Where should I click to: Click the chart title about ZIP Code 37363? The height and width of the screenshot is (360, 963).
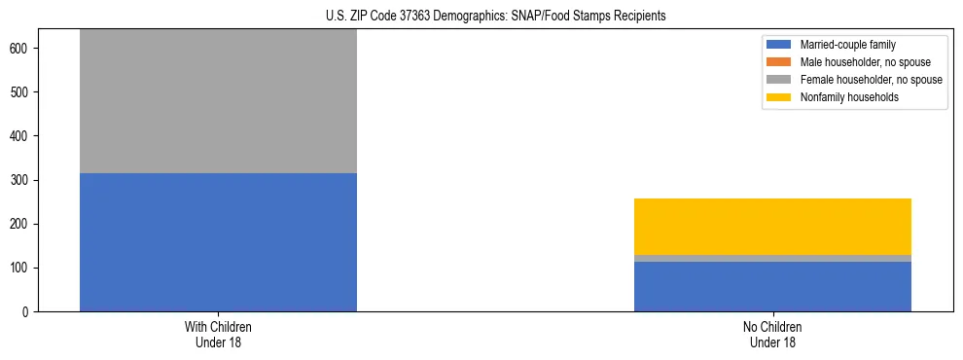click(x=482, y=17)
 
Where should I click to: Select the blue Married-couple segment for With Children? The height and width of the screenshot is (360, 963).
click(x=218, y=242)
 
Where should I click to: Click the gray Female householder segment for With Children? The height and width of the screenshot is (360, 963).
click(x=218, y=101)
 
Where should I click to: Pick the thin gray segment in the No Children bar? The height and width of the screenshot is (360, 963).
click(x=772, y=258)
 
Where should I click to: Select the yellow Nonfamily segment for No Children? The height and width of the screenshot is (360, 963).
click(x=772, y=227)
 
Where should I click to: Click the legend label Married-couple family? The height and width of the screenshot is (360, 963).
click(x=847, y=45)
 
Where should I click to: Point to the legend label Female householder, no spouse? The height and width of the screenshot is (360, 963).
click(x=871, y=80)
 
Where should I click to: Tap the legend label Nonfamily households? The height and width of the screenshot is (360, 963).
click(x=849, y=97)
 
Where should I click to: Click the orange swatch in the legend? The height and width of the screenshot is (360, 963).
click(x=780, y=62)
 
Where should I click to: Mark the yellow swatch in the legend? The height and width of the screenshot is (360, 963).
click(x=780, y=97)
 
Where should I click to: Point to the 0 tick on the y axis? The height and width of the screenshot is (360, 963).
click(x=28, y=312)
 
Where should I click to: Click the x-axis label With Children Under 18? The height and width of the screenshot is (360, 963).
click(x=218, y=335)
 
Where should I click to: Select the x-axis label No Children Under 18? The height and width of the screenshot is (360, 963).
click(x=772, y=335)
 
